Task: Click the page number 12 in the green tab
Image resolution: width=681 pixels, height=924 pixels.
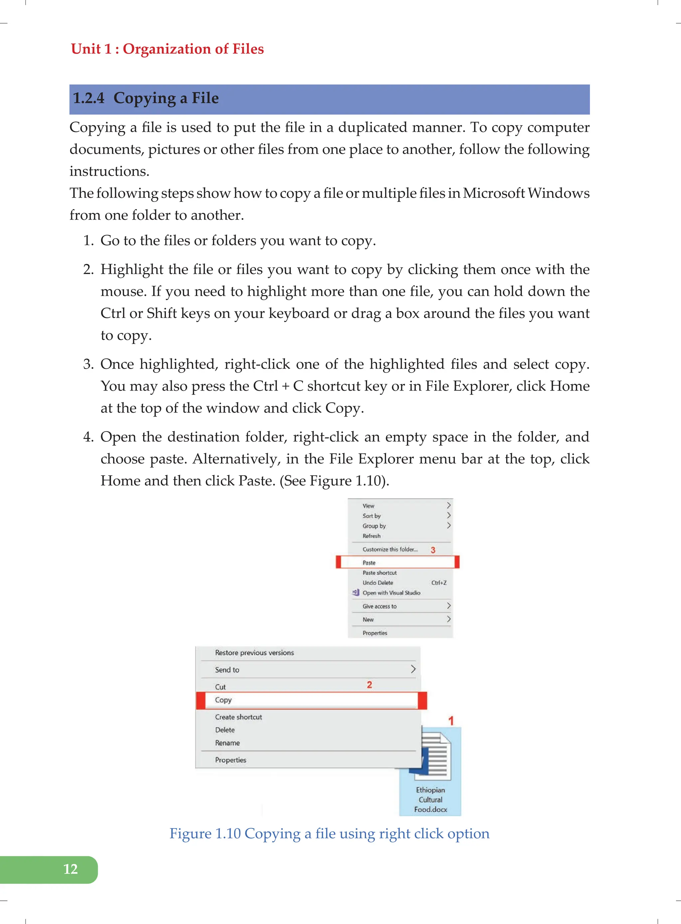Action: click(x=70, y=869)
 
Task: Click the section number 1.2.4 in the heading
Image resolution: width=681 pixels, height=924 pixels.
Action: click(x=89, y=98)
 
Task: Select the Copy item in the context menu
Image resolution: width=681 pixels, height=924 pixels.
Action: click(x=223, y=700)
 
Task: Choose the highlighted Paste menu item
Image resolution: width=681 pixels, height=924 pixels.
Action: click(x=369, y=563)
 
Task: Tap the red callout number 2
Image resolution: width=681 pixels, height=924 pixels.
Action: click(x=369, y=685)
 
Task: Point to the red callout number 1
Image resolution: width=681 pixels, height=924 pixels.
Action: click(x=451, y=721)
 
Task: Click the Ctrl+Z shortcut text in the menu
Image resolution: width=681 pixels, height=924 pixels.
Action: click(x=439, y=583)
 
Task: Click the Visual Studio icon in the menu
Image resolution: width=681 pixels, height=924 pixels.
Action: click(x=356, y=592)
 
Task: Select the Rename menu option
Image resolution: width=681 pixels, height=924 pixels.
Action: click(x=227, y=743)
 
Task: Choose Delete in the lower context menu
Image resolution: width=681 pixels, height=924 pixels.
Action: click(x=225, y=730)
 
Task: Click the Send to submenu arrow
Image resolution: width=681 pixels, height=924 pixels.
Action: click(x=413, y=669)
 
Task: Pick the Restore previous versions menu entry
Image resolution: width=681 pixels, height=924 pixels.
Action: click(x=254, y=653)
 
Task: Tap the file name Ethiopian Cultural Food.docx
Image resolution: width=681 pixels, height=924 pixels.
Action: click(x=430, y=800)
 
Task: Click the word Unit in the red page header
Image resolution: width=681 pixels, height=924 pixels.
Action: click(x=86, y=49)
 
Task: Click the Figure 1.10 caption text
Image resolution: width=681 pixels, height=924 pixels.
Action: click(x=329, y=833)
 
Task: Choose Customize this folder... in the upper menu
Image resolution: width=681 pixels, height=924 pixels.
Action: click(x=390, y=549)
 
